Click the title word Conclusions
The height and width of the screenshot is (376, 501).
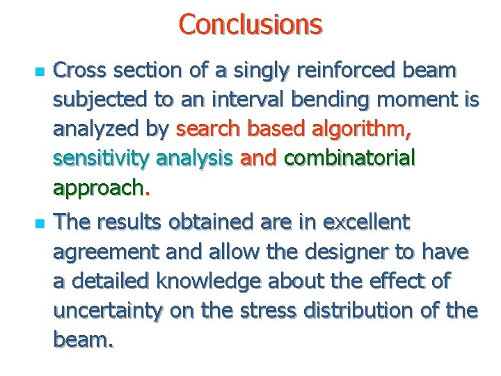(250, 24)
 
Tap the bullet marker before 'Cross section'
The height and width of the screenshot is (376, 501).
(22, 72)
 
